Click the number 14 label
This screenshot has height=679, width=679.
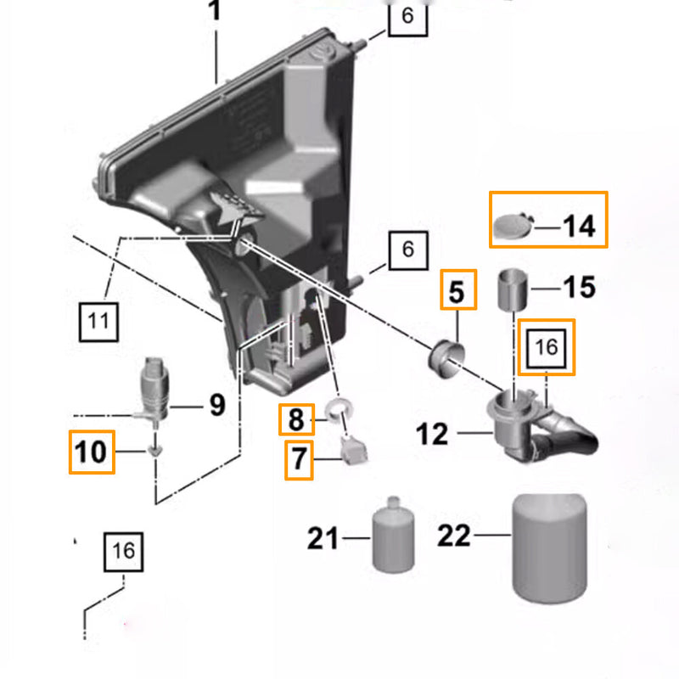(x=580, y=227)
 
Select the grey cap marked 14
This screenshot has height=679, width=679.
(x=513, y=226)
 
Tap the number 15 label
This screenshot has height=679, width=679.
(x=580, y=287)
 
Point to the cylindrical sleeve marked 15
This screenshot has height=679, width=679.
(x=513, y=289)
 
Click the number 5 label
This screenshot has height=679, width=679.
(x=457, y=291)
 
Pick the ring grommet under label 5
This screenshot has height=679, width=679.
(x=446, y=359)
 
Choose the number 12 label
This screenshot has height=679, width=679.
(x=432, y=434)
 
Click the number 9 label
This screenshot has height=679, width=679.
(x=217, y=406)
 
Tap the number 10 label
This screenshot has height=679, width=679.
(x=91, y=452)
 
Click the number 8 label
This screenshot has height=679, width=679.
(x=296, y=419)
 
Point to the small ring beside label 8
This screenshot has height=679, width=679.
(x=338, y=411)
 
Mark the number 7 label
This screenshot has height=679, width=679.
(x=299, y=459)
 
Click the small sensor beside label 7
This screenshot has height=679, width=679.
(x=355, y=450)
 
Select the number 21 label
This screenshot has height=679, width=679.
(x=323, y=538)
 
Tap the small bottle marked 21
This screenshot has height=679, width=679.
(x=393, y=536)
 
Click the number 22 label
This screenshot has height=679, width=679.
(x=454, y=536)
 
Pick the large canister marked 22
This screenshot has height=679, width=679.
(x=549, y=548)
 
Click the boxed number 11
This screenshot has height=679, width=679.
(x=98, y=322)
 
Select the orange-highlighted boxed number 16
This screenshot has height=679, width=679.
(x=547, y=347)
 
